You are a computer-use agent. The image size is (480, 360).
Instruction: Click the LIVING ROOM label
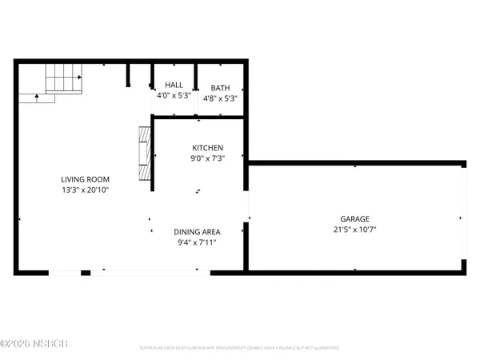click(x=86, y=179)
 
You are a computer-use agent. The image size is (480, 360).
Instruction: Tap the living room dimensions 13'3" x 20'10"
click(x=86, y=190)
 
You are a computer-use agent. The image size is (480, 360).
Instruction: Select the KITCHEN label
click(x=207, y=148)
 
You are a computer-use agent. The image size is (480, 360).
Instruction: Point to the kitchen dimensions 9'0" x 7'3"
click(x=207, y=158)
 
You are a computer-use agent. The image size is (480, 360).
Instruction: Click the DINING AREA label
click(x=198, y=232)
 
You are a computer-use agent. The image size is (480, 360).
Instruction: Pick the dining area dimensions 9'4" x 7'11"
click(x=198, y=242)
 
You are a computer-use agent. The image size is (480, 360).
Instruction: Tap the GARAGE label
click(x=355, y=218)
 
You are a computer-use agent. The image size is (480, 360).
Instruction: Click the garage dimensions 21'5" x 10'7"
click(x=355, y=230)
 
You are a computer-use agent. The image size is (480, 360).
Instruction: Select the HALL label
click(x=174, y=84)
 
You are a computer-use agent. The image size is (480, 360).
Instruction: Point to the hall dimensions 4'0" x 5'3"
click(x=174, y=96)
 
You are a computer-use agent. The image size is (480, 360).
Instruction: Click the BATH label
click(x=220, y=87)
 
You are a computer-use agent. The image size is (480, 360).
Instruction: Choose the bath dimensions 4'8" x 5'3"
click(x=220, y=98)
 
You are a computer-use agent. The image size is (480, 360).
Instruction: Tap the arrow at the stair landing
click(x=37, y=98)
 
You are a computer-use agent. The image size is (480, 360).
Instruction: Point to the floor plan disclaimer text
click(x=240, y=348)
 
